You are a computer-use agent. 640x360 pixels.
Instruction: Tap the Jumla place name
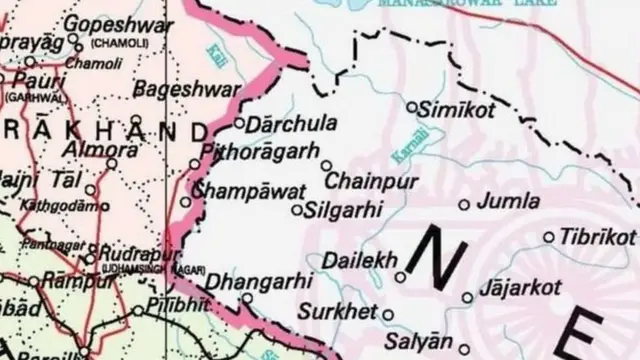pyautogui.click(x=509, y=203)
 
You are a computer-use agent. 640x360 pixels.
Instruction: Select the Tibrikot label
pyautogui.click(x=597, y=237)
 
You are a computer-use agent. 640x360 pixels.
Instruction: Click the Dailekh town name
pyautogui.click(x=354, y=260)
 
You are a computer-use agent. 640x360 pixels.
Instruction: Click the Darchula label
pyautogui.click(x=285, y=126)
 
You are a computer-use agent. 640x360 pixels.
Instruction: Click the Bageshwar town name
pyautogui.click(x=174, y=87)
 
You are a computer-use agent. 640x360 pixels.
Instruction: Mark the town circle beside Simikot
pyautogui.click(x=412, y=105)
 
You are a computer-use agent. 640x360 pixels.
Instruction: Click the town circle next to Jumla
pyautogui.click(x=464, y=204)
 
